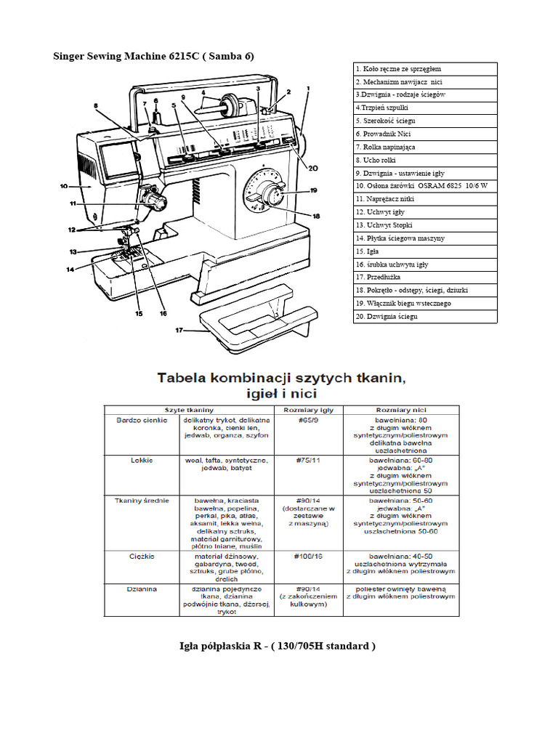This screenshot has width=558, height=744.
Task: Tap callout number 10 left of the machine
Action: pyautogui.click(x=64, y=186)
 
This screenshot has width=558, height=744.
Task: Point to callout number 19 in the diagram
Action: pyautogui.click(x=314, y=190)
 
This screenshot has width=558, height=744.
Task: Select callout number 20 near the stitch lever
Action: pyautogui.click(x=313, y=168)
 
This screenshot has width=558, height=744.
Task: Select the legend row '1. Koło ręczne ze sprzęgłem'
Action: pyautogui.click(x=425, y=68)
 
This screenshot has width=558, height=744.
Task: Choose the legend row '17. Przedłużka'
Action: pyautogui.click(x=425, y=278)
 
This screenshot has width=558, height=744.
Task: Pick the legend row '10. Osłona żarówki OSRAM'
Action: pyautogui.click(x=425, y=186)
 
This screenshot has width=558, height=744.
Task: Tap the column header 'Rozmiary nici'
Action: pyautogui.click(x=401, y=409)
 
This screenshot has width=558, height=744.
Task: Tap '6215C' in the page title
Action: pyautogui.click(x=182, y=56)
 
